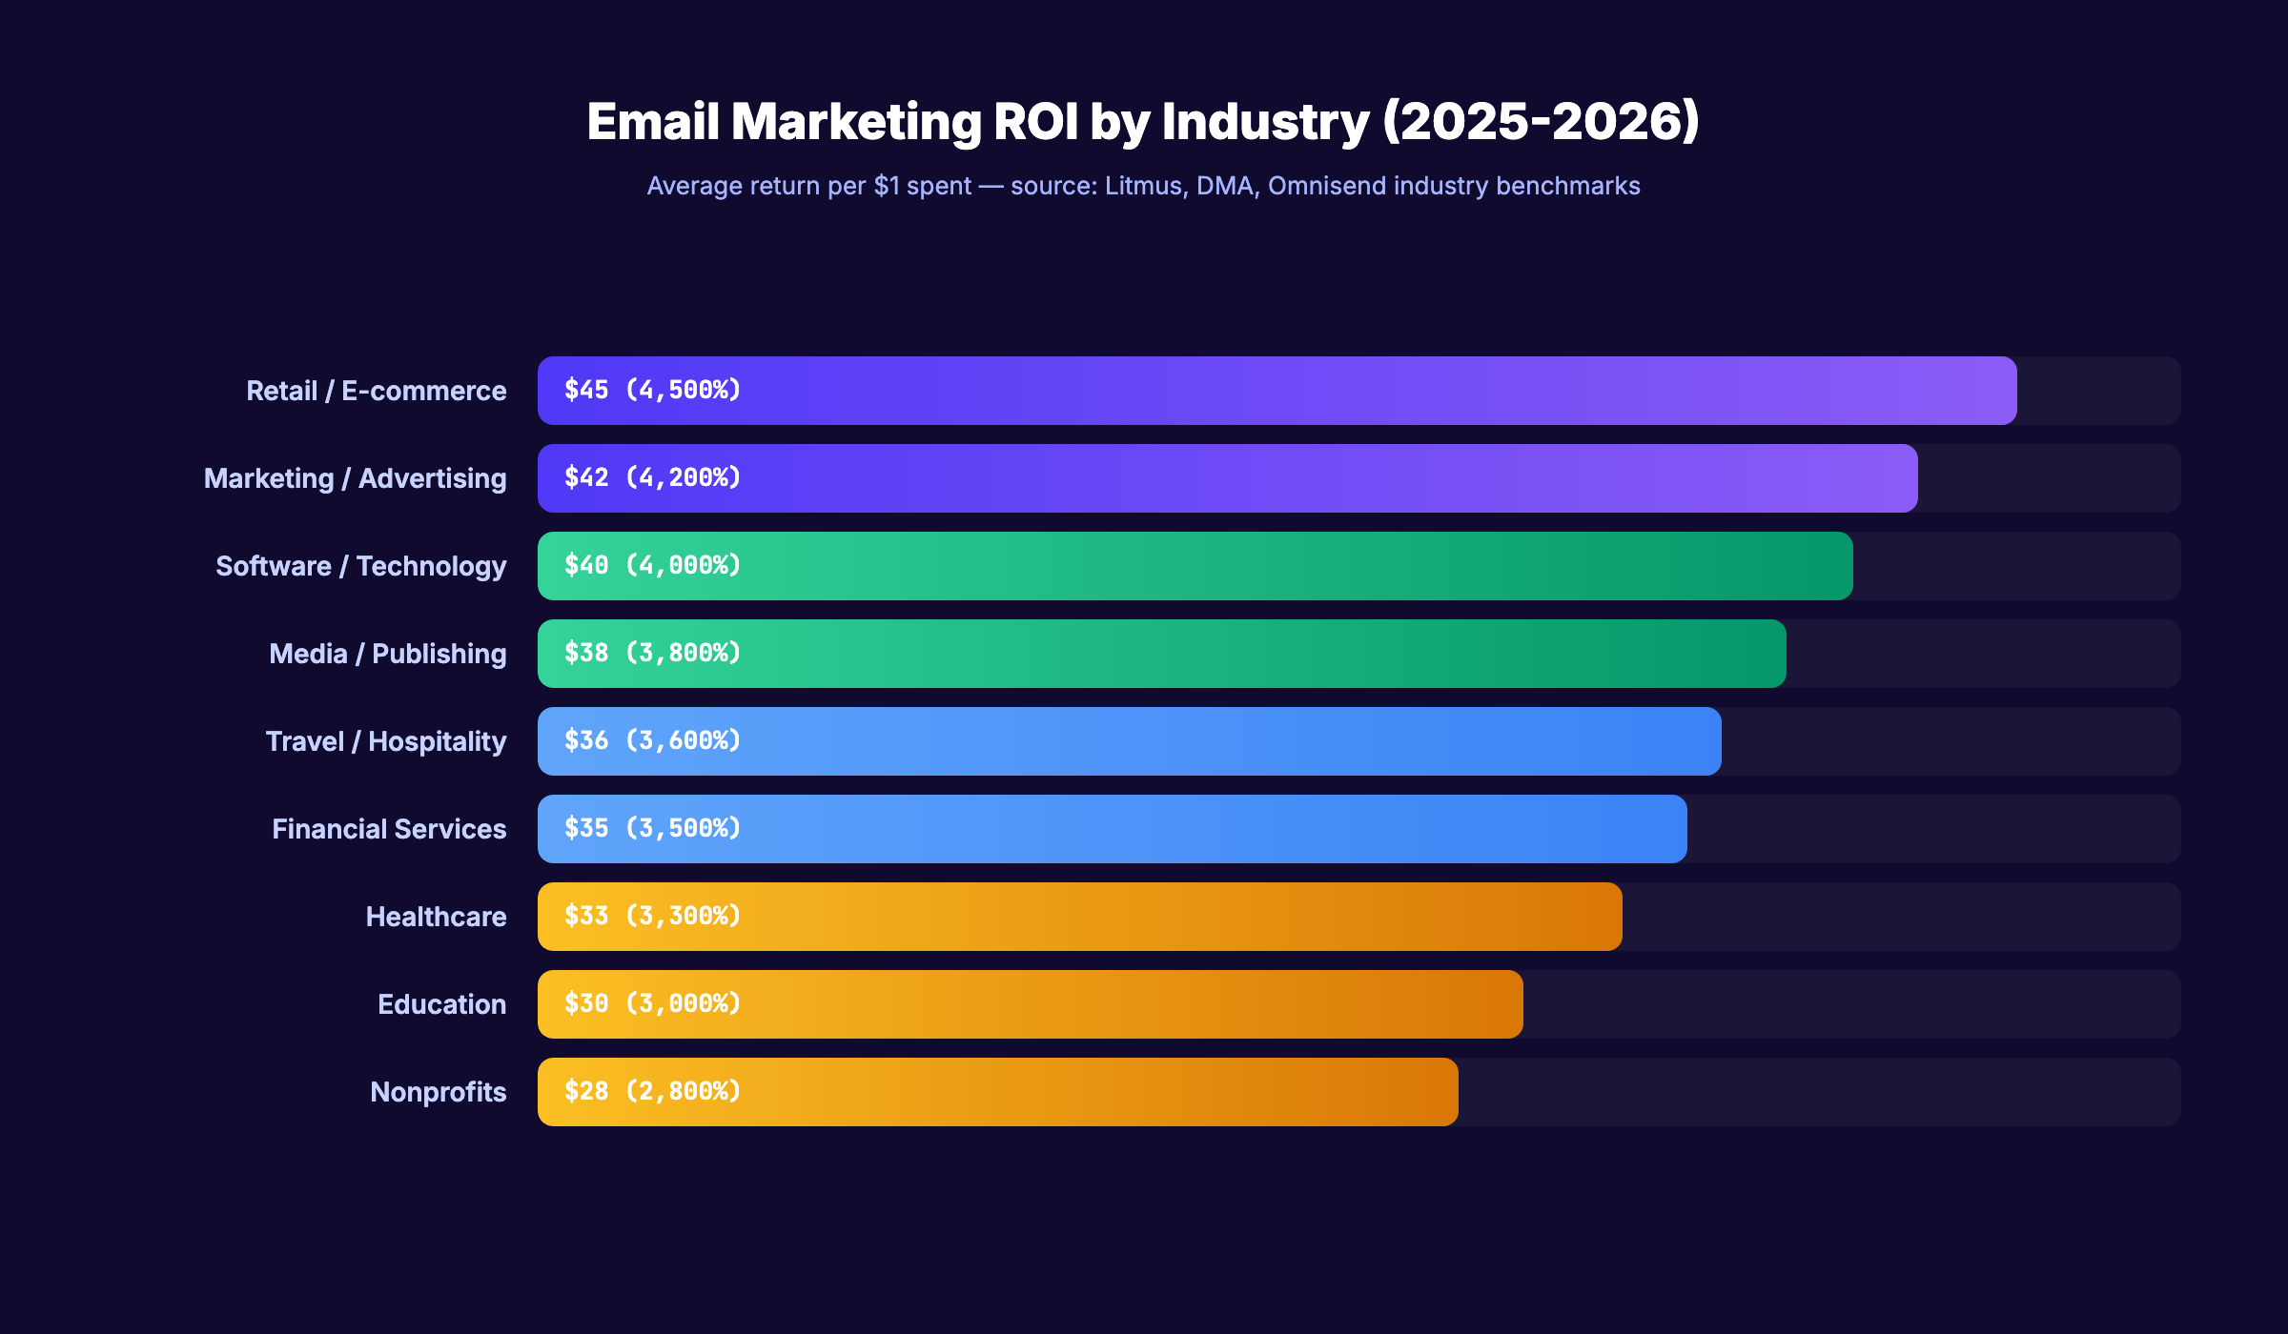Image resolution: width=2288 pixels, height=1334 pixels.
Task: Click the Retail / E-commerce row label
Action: pos(376,391)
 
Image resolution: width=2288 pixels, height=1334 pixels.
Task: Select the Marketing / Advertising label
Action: pos(355,478)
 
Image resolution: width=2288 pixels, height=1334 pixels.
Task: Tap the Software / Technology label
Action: pos(360,566)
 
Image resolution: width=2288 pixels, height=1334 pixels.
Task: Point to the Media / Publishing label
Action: pos(387,654)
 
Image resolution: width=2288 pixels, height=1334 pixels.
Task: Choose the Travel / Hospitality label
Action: pos(385,741)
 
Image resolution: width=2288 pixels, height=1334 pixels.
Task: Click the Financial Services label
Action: pos(389,829)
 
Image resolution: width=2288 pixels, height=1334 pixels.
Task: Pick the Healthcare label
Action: pos(436,917)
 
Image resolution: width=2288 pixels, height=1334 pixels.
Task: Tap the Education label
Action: pos(441,1004)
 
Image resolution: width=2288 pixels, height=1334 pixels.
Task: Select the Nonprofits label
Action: pos(438,1092)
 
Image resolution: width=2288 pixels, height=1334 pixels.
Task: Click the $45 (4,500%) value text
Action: pos(652,390)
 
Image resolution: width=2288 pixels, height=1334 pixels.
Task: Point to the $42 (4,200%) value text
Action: pos(652,477)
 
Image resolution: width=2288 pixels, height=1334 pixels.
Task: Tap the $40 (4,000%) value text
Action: pos(652,565)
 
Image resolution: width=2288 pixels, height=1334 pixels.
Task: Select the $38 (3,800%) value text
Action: pos(652,653)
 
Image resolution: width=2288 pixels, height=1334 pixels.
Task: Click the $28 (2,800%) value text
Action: pos(652,1091)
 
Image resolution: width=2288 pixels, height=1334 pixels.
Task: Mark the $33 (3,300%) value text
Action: pos(652,916)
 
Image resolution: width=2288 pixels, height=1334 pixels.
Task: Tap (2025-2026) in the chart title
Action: pos(1540,122)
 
